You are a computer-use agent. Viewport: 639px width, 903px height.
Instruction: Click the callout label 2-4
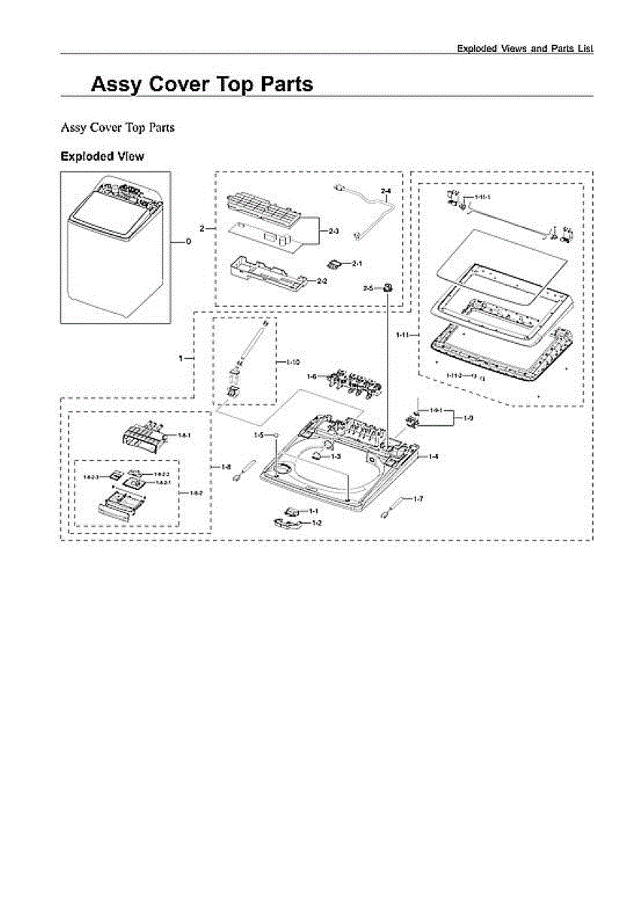pos(385,192)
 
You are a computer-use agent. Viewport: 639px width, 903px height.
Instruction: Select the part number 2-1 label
pos(358,263)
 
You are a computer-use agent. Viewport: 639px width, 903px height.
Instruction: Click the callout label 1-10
pos(294,362)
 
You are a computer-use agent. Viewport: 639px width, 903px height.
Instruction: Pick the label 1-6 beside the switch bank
pos(312,376)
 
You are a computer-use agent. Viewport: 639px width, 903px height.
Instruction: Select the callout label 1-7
pos(418,499)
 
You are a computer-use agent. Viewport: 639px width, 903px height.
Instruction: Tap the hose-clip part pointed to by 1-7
pos(392,511)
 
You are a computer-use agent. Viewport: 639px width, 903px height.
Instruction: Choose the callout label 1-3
pos(336,457)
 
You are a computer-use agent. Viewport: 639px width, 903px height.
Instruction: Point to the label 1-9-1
pos(436,410)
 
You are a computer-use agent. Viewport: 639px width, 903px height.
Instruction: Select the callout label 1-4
pos(433,457)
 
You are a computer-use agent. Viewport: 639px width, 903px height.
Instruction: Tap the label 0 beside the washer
pos(188,242)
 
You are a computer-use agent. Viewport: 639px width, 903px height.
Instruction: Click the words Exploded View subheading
pos(102,157)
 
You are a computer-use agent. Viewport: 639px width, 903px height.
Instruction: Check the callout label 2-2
pos(321,281)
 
